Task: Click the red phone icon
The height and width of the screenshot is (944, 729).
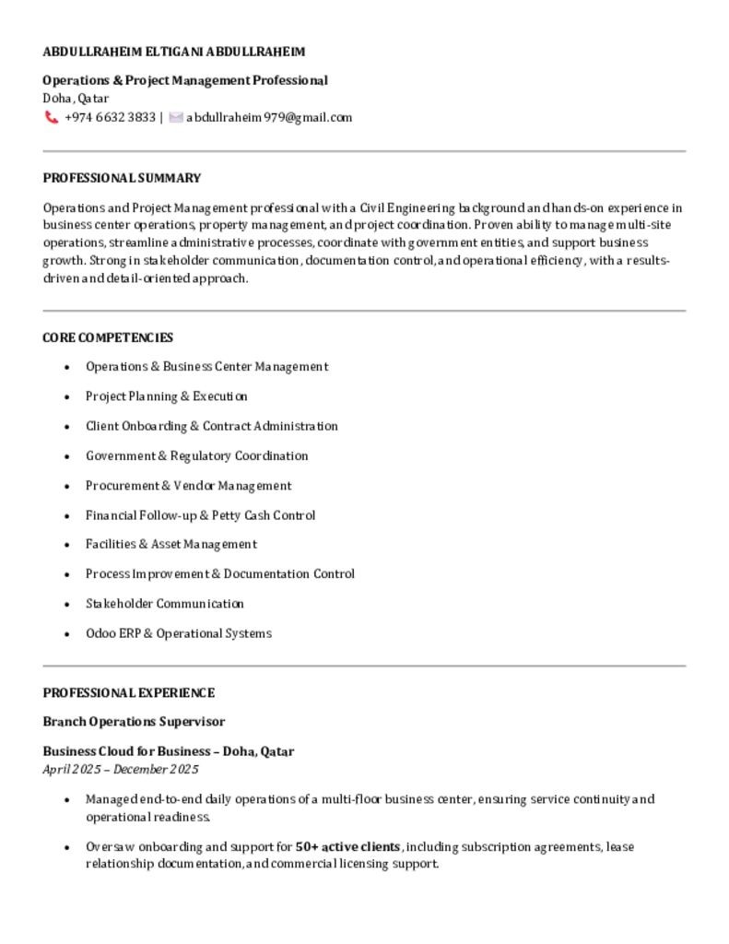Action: click(52, 118)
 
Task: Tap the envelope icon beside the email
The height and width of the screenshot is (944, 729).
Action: click(176, 118)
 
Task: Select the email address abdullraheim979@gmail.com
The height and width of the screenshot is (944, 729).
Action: click(269, 118)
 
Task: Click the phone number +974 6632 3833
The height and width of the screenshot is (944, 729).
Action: click(110, 118)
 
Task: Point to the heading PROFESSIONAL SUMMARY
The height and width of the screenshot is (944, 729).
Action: click(122, 178)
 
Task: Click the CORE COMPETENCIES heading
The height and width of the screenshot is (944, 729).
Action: click(108, 337)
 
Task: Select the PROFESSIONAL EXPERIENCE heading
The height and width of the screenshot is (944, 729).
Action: click(128, 692)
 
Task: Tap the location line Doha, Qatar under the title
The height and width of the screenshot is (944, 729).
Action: click(76, 98)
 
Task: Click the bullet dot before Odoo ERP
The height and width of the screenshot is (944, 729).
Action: click(67, 634)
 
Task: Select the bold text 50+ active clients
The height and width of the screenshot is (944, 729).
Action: click(347, 846)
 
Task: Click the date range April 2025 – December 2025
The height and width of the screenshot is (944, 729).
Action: click(121, 769)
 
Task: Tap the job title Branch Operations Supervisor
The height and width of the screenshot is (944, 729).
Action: click(134, 721)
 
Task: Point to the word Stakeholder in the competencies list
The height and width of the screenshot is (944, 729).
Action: click(119, 604)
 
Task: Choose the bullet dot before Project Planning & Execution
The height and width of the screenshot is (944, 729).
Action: click(67, 396)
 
